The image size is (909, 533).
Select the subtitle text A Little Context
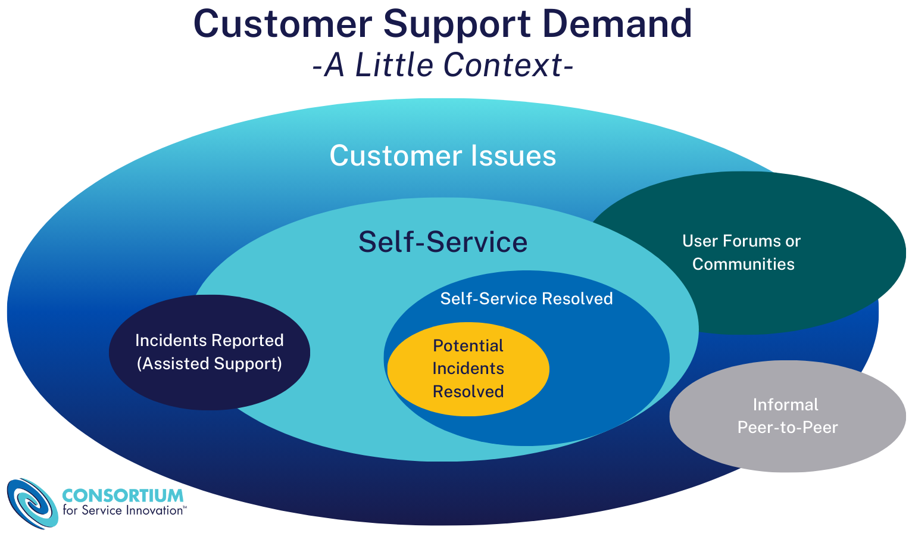443,65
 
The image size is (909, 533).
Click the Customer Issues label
443,156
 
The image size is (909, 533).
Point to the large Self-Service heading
443,242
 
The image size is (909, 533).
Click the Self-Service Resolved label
526,298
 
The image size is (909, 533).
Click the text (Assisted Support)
210,363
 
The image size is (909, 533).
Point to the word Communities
743,264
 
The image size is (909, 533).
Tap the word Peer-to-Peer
787,427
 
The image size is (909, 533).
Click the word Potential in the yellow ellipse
468,346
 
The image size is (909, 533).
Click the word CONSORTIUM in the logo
123,495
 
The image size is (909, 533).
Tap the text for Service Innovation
124,510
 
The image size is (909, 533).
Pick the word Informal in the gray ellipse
785,404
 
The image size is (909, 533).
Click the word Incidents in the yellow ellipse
468,369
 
